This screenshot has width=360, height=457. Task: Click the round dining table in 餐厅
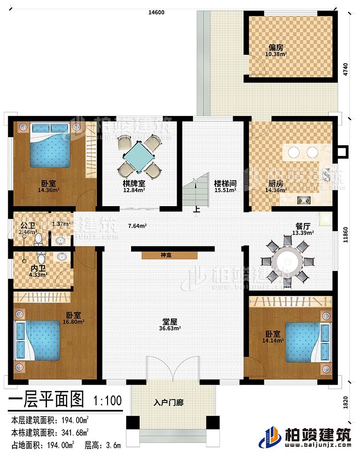click(287, 262)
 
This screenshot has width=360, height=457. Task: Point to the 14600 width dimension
click(157, 13)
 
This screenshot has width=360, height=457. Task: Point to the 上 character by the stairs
click(196, 209)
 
